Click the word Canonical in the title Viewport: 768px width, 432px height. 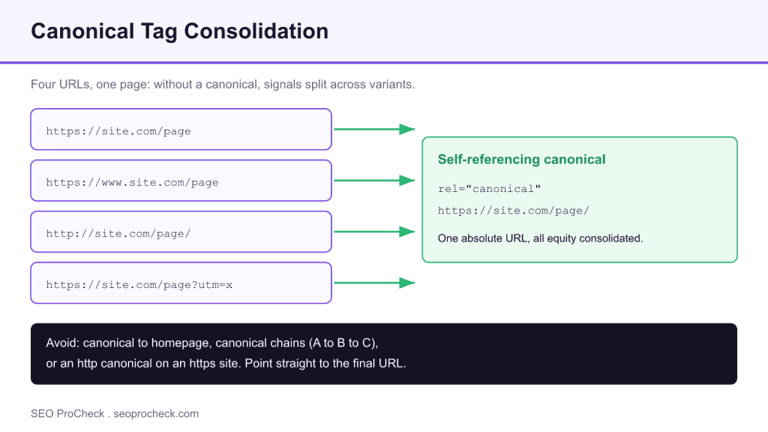coord(82,31)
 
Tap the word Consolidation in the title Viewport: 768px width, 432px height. coord(256,31)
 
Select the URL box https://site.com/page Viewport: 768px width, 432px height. coord(181,129)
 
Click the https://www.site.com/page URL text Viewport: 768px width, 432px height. coord(132,182)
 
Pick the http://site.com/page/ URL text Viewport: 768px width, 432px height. coord(118,234)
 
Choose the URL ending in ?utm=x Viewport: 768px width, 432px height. coord(139,284)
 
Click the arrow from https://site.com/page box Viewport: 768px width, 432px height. coord(374,129)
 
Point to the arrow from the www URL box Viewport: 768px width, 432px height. coord(374,180)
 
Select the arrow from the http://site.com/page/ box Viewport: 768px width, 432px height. coord(374,232)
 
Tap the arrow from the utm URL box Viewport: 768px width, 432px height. coord(374,283)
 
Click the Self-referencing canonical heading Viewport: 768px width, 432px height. coord(522,160)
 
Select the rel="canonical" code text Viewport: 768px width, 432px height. coord(489,188)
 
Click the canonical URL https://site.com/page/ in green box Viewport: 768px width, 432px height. coord(513,211)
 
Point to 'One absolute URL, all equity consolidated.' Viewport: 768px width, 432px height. coord(540,238)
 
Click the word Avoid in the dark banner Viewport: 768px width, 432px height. coord(63,343)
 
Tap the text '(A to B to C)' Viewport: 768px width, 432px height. coord(343,343)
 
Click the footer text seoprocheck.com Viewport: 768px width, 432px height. coord(156,414)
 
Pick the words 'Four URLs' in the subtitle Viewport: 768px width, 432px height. coord(61,84)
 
